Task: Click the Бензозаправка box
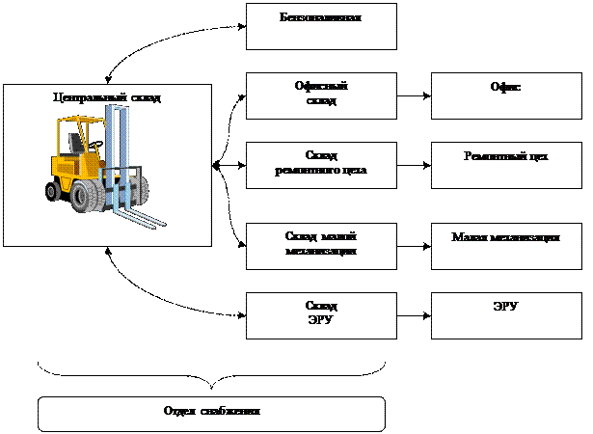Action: point(321,27)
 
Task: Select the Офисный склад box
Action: point(321,95)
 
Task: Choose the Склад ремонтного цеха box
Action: point(321,164)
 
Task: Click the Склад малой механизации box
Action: point(321,246)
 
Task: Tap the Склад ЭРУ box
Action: point(321,315)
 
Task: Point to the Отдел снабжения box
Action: point(211,413)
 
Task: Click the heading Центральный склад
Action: point(107,97)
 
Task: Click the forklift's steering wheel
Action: point(95,145)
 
